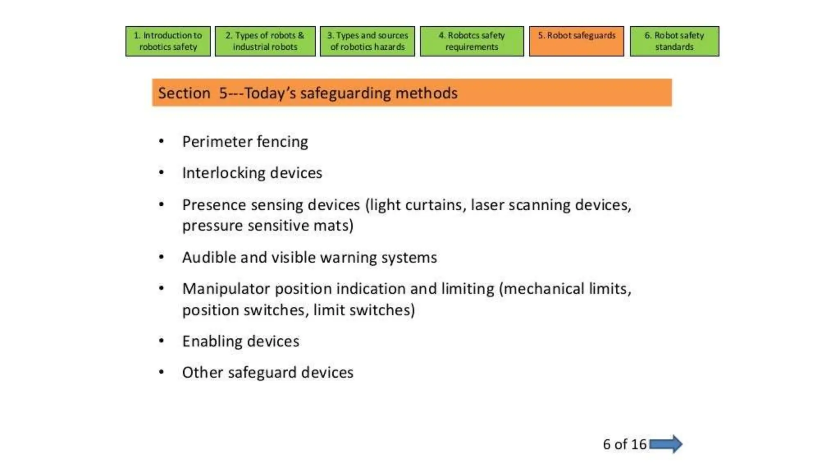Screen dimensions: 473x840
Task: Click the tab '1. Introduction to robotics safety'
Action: [x=168, y=41]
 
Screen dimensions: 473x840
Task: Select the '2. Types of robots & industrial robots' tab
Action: [x=265, y=41]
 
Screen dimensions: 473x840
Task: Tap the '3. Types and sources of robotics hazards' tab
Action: [x=367, y=41]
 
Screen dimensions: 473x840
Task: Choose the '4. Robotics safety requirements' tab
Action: [x=472, y=41]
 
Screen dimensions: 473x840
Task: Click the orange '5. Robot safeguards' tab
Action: [x=576, y=41]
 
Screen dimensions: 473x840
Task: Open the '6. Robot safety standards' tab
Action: [x=674, y=41]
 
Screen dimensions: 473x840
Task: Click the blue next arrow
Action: [x=666, y=444]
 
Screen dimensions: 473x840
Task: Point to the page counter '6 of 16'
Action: [x=624, y=444]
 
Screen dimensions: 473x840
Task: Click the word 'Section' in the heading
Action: [x=184, y=93]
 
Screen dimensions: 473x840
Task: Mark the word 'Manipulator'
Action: [x=226, y=289]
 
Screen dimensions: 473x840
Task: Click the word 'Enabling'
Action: [x=212, y=342]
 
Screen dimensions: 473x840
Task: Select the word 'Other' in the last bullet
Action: [x=202, y=372]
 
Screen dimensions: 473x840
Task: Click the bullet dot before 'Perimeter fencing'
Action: [x=162, y=142]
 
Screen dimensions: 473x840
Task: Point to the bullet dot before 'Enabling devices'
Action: [x=162, y=341]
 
